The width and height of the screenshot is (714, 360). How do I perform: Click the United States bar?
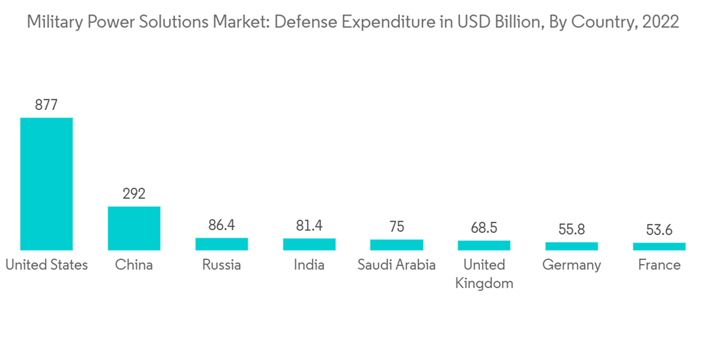(x=46, y=184)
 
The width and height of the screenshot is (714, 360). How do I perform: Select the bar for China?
(x=134, y=229)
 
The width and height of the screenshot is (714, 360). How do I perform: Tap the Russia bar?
(x=221, y=244)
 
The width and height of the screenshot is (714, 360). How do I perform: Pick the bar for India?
(x=309, y=244)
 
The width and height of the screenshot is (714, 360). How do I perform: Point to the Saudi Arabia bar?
(x=396, y=245)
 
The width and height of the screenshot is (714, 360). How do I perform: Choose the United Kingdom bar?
(x=484, y=246)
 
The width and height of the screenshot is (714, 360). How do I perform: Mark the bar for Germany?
(x=571, y=246)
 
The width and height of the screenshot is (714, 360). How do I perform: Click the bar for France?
(x=659, y=246)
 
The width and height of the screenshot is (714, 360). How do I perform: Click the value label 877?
(x=46, y=105)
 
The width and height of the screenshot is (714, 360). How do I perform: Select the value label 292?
(x=134, y=194)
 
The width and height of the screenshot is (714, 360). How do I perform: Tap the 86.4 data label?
(x=221, y=225)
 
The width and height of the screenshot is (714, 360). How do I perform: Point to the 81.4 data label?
(x=309, y=226)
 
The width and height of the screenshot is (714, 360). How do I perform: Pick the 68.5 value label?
(x=484, y=228)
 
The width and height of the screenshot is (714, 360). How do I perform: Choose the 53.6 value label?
(x=659, y=230)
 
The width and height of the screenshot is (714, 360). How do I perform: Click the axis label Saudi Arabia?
(x=396, y=265)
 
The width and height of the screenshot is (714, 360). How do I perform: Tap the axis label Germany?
(x=571, y=265)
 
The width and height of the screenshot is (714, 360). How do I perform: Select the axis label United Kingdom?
(x=484, y=274)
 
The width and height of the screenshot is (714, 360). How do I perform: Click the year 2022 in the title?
(x=660, y=22)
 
